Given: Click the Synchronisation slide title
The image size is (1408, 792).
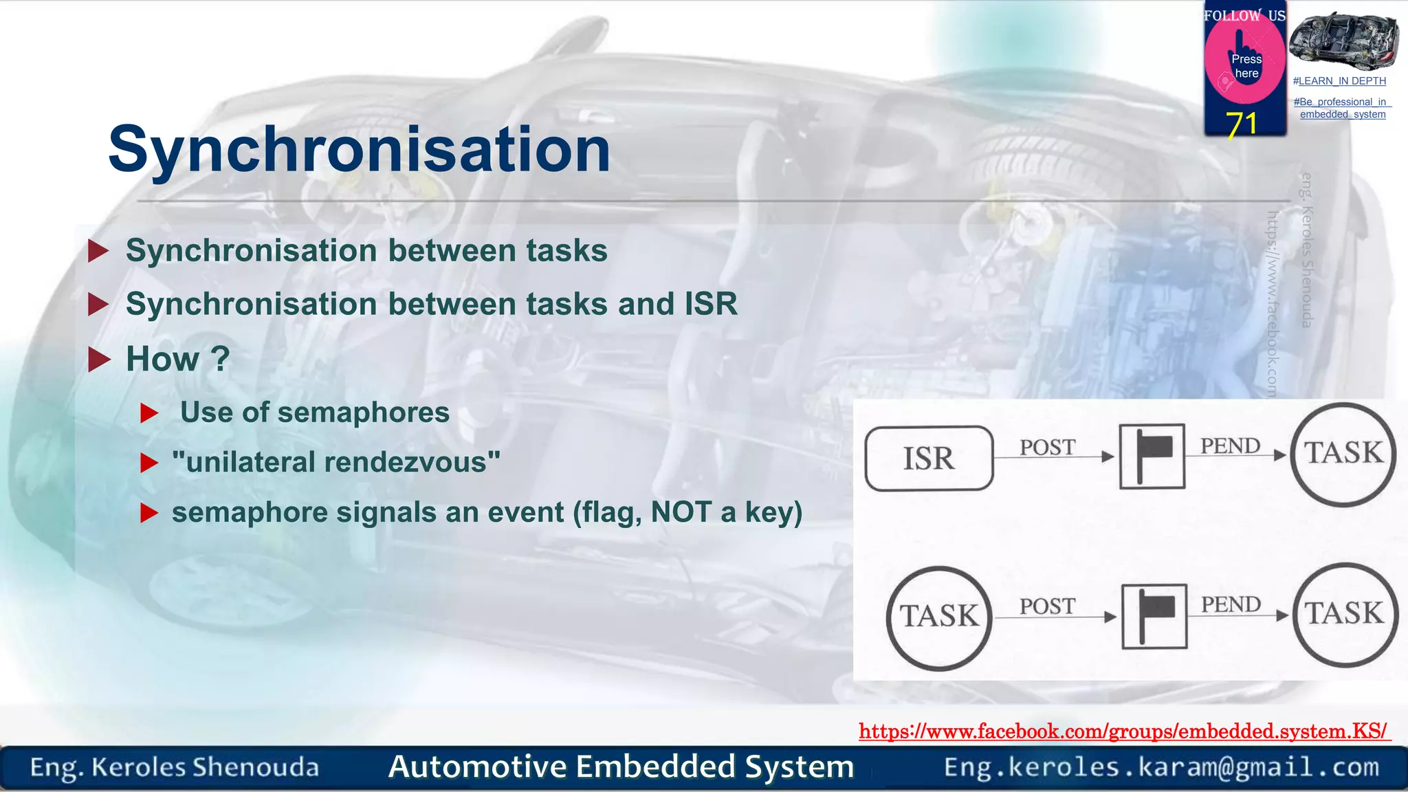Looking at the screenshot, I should (x=359, y=149).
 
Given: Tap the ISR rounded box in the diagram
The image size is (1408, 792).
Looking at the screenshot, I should (x=929, y=459).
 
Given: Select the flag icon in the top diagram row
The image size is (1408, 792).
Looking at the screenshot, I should (x=1152, y=456).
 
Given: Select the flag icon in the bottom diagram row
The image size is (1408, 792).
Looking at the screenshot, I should (x=1154, y=617).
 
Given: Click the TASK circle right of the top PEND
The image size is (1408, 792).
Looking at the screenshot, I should (x=1343, y=454).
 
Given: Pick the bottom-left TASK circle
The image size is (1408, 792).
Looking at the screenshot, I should (x=939, y=617).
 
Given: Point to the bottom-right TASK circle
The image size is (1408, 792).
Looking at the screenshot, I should (x=1345, y=615).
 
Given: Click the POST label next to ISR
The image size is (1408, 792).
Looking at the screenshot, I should (x=1047, y=448).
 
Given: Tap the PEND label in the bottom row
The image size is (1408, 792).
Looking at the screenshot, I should (x=1231, y=605).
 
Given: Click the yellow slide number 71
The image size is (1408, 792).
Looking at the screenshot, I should (x=1242, y=124).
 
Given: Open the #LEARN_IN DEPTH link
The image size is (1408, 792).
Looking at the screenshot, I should (x=1339, y=81).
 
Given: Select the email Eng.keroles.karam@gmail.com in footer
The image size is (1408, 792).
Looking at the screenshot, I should (x=1161, y=767).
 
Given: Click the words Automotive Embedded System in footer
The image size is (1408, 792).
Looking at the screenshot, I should (x=621, y=767).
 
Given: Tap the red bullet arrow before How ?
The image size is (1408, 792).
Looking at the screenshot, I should (x=100, y=359).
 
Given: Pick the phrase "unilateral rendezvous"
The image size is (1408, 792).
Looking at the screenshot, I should (x=336, y=462).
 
